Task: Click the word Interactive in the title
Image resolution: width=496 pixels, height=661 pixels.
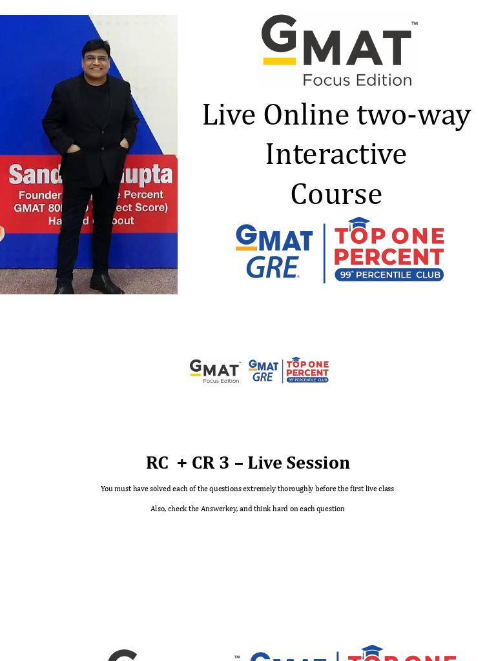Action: coord(336,154)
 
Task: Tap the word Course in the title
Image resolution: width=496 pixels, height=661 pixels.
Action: coord(336,194)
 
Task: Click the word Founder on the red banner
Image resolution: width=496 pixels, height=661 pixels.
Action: coord(39,195)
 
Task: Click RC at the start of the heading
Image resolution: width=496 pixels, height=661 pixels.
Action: coord(157,463)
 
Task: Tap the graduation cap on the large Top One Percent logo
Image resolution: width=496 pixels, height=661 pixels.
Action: coord(358,223)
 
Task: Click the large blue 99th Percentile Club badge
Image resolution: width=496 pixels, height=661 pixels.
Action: coord(389,275)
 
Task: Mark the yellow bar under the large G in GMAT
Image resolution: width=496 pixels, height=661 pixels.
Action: coord(279,61)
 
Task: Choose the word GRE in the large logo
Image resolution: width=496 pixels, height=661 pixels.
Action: coord(271,267)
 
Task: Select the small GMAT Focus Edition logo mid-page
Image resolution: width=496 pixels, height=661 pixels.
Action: coord(215,371)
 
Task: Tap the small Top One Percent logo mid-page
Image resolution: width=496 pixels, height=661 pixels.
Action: coord(307,370)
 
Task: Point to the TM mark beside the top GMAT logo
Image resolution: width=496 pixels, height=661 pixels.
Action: coord(414,24)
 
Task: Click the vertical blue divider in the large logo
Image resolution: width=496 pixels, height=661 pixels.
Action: coord(324,253)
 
